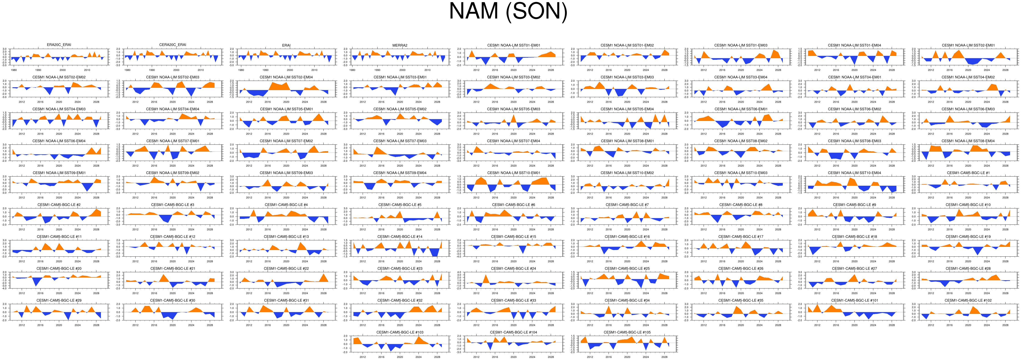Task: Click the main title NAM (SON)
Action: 508,12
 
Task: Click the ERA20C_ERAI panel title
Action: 59,45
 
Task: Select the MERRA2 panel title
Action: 400,45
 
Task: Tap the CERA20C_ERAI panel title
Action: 173,45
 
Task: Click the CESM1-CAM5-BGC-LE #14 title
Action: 400,237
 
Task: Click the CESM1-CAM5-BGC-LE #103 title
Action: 400,332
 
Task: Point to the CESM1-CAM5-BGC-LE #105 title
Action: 627,332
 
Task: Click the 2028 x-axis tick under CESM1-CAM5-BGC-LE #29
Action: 96,325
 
